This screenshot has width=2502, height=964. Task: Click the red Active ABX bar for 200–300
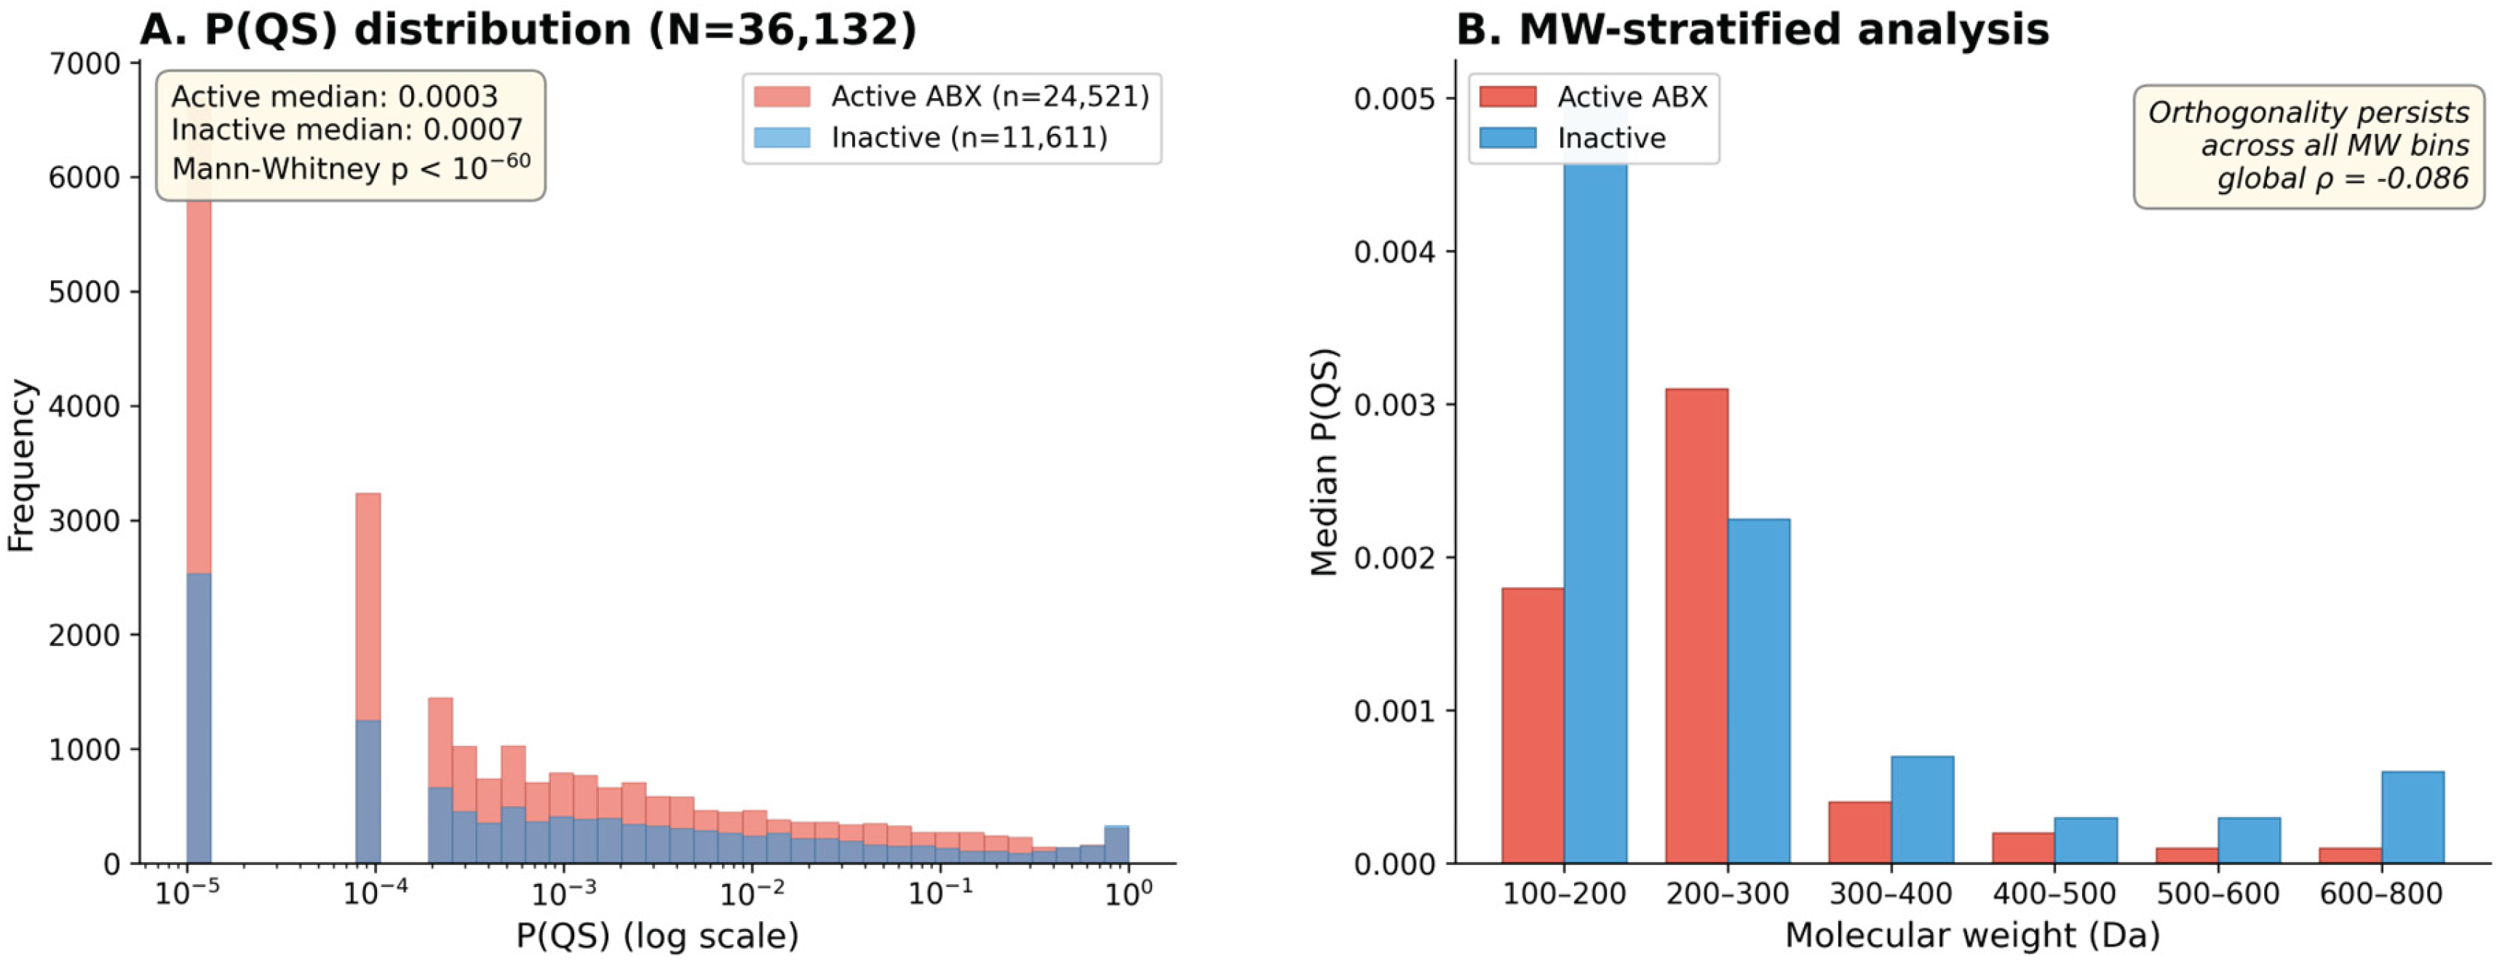1696,626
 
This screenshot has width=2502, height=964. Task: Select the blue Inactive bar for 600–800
2412,818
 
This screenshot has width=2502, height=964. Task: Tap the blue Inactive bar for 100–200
1594,485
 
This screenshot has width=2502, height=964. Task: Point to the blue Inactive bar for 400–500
2085,840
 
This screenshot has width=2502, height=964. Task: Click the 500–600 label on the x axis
2217,893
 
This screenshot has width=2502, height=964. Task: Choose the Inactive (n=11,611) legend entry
969,138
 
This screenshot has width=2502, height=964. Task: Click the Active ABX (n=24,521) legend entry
989,96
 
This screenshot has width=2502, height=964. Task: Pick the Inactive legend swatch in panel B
1506,138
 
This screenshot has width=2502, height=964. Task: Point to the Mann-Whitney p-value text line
351,168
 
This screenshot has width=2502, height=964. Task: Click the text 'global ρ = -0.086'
2342,179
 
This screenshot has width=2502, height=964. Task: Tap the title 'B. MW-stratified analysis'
1752,29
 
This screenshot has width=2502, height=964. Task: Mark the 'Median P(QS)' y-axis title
1325,462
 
